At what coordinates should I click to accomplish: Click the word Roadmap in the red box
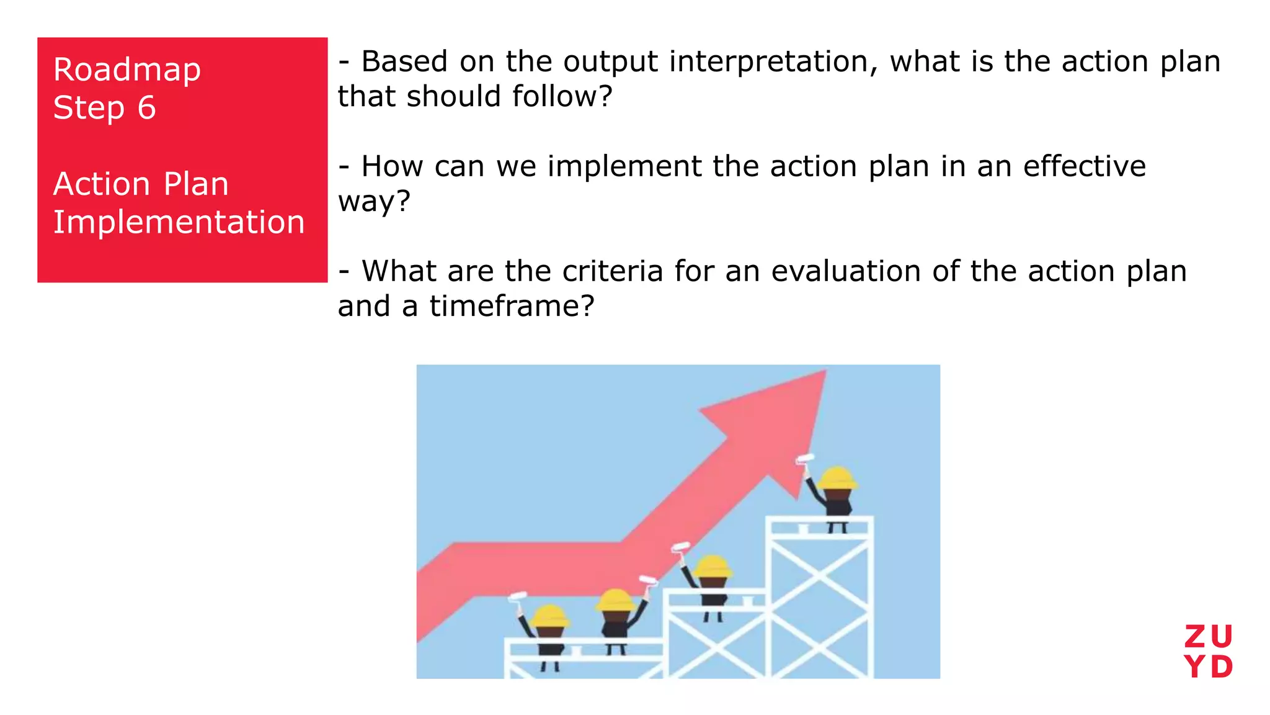pyautogui.click(x=127, y=70)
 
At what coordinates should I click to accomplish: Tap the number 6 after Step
pyautogui.click(x=146, y=107)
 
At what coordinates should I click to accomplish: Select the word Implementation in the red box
pyautogui.click(x=179, y=222)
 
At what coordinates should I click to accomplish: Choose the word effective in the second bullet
pyautogui.click(x=1084, y=166)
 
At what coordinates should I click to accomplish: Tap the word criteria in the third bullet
pyautogui.click(x=613, y=271)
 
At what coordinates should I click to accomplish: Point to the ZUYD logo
pyautogui.click(x=1208, y=652)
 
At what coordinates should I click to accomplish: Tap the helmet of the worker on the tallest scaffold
pyautogui.click(x=837, y=478)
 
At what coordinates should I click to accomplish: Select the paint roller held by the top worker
pyautogui.click(x=805, y=459)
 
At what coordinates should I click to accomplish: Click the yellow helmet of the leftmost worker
pyautogui.click(x=549, y=616)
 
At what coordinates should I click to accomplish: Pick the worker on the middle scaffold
pyautogui.click(x=713, y=583)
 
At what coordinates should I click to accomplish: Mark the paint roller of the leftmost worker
pyautogui.click(x=517, y=597)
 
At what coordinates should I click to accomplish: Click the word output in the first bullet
pyautogui.click(x=610, y=62)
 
